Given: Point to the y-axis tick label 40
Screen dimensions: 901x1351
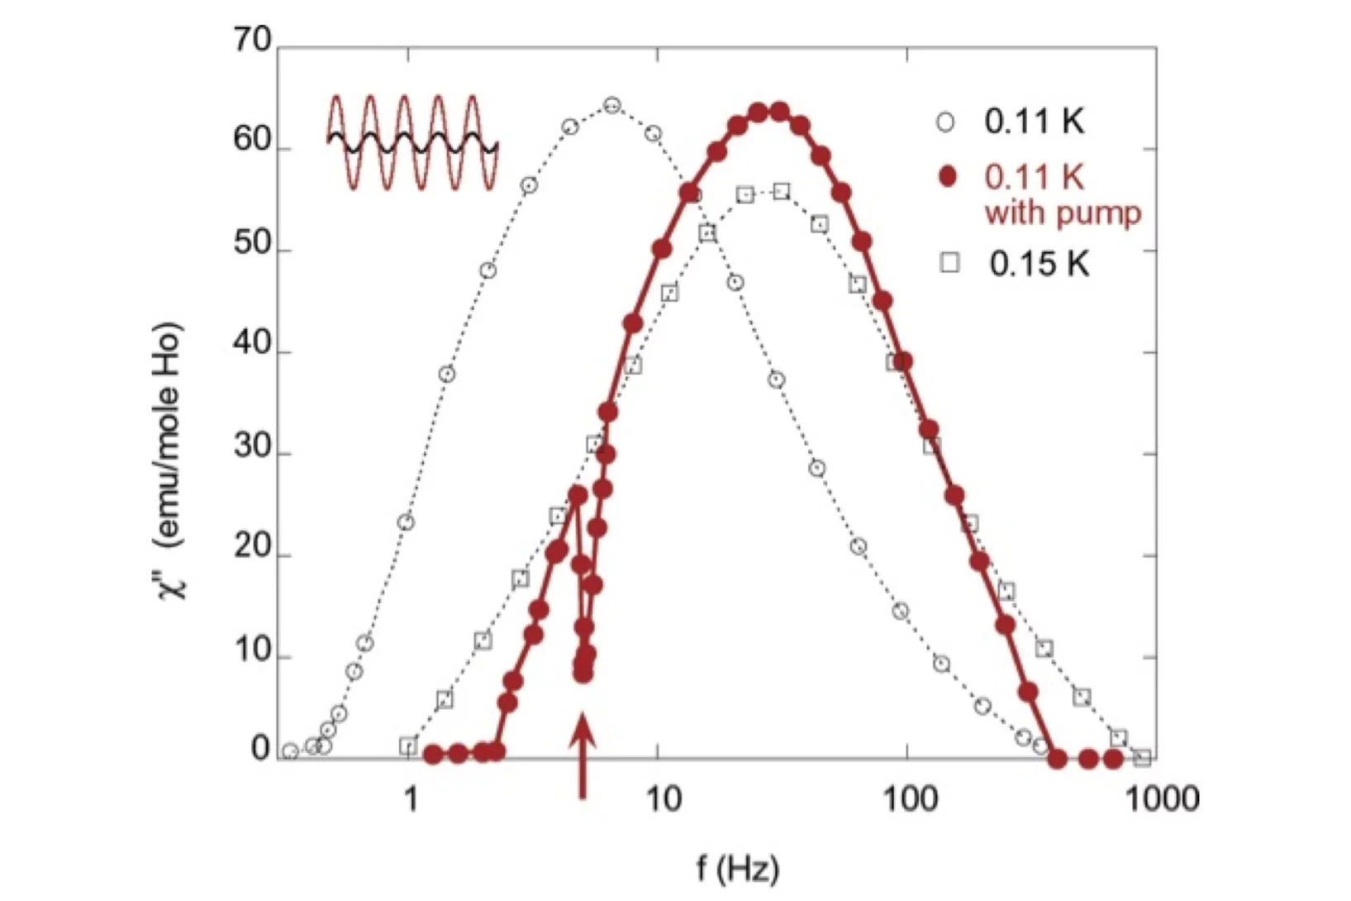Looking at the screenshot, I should (252, 344).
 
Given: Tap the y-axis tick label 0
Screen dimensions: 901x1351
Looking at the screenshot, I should (260, 749).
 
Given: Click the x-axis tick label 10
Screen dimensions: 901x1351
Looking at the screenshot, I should (661, 799).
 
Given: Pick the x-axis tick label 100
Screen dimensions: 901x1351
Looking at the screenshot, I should (909, 799).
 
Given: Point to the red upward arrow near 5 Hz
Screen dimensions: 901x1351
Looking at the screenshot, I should (583, 756).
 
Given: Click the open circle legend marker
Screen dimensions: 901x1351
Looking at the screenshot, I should (946, 122).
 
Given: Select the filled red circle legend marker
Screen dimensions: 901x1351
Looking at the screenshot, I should (947, 177).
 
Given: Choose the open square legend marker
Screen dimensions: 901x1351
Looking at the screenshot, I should (950, 264).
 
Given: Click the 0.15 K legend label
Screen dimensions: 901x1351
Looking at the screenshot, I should (1039, 264).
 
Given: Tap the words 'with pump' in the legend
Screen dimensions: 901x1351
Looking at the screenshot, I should (1063, 213).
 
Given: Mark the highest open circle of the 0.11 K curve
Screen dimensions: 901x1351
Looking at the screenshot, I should (611, 105).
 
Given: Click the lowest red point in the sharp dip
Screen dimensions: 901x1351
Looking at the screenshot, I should (583, 675).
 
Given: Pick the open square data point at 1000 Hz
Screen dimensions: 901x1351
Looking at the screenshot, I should (1142, 757).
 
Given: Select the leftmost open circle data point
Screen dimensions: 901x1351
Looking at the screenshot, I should (290, 751).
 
